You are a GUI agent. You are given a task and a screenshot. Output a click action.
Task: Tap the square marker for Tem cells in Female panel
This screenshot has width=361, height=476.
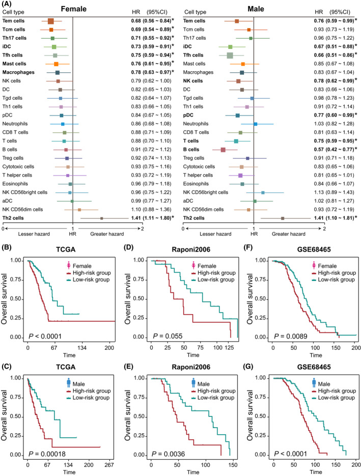[x=51, y=21]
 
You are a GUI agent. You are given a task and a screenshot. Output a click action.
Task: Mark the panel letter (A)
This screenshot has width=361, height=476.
[x=7, y=5]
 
